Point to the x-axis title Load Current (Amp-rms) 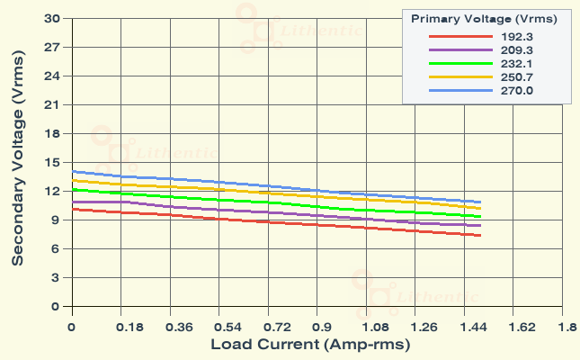(x=311, y=345)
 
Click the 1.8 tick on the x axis (x=566, y=328)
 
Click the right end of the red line (x=481, y=236)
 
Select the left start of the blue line (x=72, y=171)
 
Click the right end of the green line (x=481, y=217)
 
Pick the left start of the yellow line (x=72, y=180)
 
